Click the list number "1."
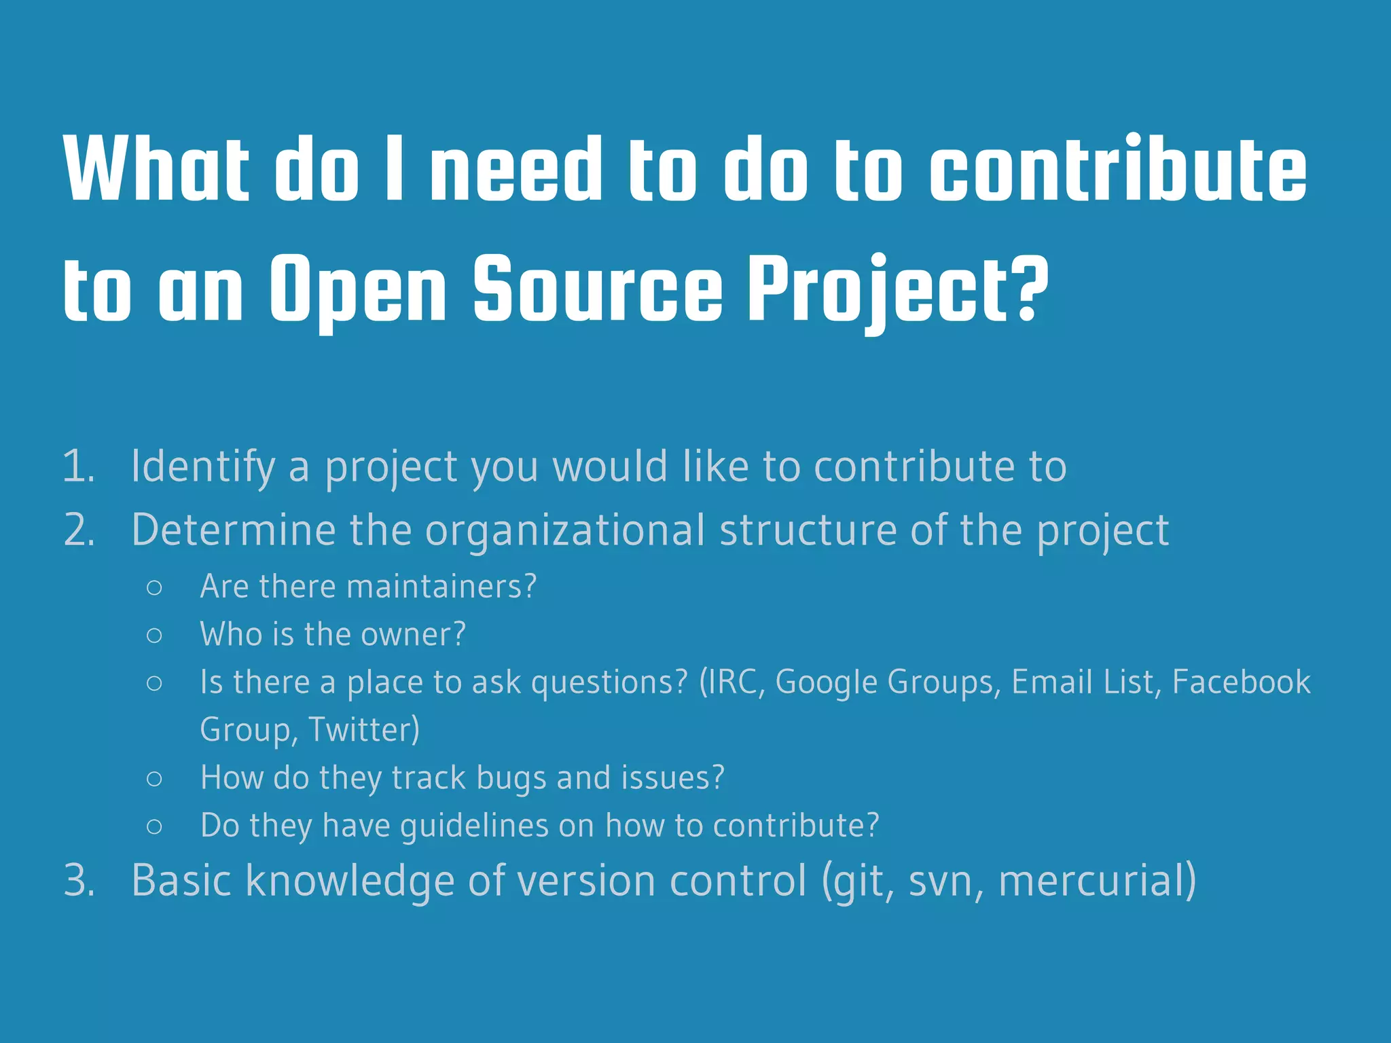(79, 467)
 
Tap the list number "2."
(79, 530)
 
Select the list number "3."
(79, 881)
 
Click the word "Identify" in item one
(203, 467)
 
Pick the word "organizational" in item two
(565, 530)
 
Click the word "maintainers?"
(441, 586)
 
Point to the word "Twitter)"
(364, 729)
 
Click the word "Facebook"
(1241, 682)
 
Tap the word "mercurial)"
(1097, 881)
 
